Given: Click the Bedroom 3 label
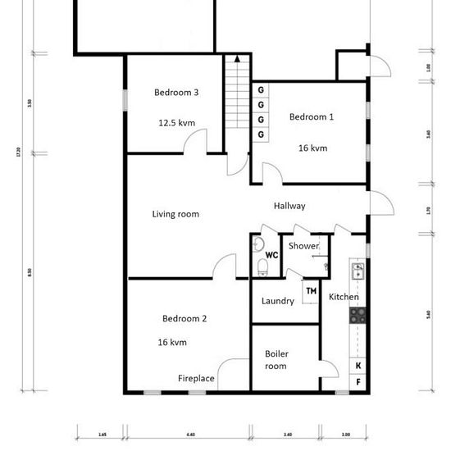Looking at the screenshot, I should click(x=176, y=93).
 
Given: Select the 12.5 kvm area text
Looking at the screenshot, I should click(x=176, y=123).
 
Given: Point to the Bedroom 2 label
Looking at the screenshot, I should click(x=184, y=319).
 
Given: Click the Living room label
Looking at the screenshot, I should click(x=175, y=214).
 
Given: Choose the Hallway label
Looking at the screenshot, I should click(x=289, y=206).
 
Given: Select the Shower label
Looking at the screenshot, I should click(x=303, y=246).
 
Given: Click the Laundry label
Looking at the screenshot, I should click(x=277, y=301).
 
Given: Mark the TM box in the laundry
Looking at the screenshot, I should click(x=311, y=291).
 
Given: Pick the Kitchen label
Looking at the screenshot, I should click(x=344, y=297).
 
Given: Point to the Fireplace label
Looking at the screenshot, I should click(x=197, y=379).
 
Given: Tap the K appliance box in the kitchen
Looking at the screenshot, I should click(x=358, y=366).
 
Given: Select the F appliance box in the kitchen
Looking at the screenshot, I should click(x=358, y=382).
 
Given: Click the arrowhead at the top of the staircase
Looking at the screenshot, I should click(x=237, y=59).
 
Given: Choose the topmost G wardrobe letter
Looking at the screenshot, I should click(x=261, y=89).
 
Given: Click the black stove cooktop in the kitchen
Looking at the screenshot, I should click(x=358, y=313).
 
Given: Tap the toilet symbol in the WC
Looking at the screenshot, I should click(x=261, y=266).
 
